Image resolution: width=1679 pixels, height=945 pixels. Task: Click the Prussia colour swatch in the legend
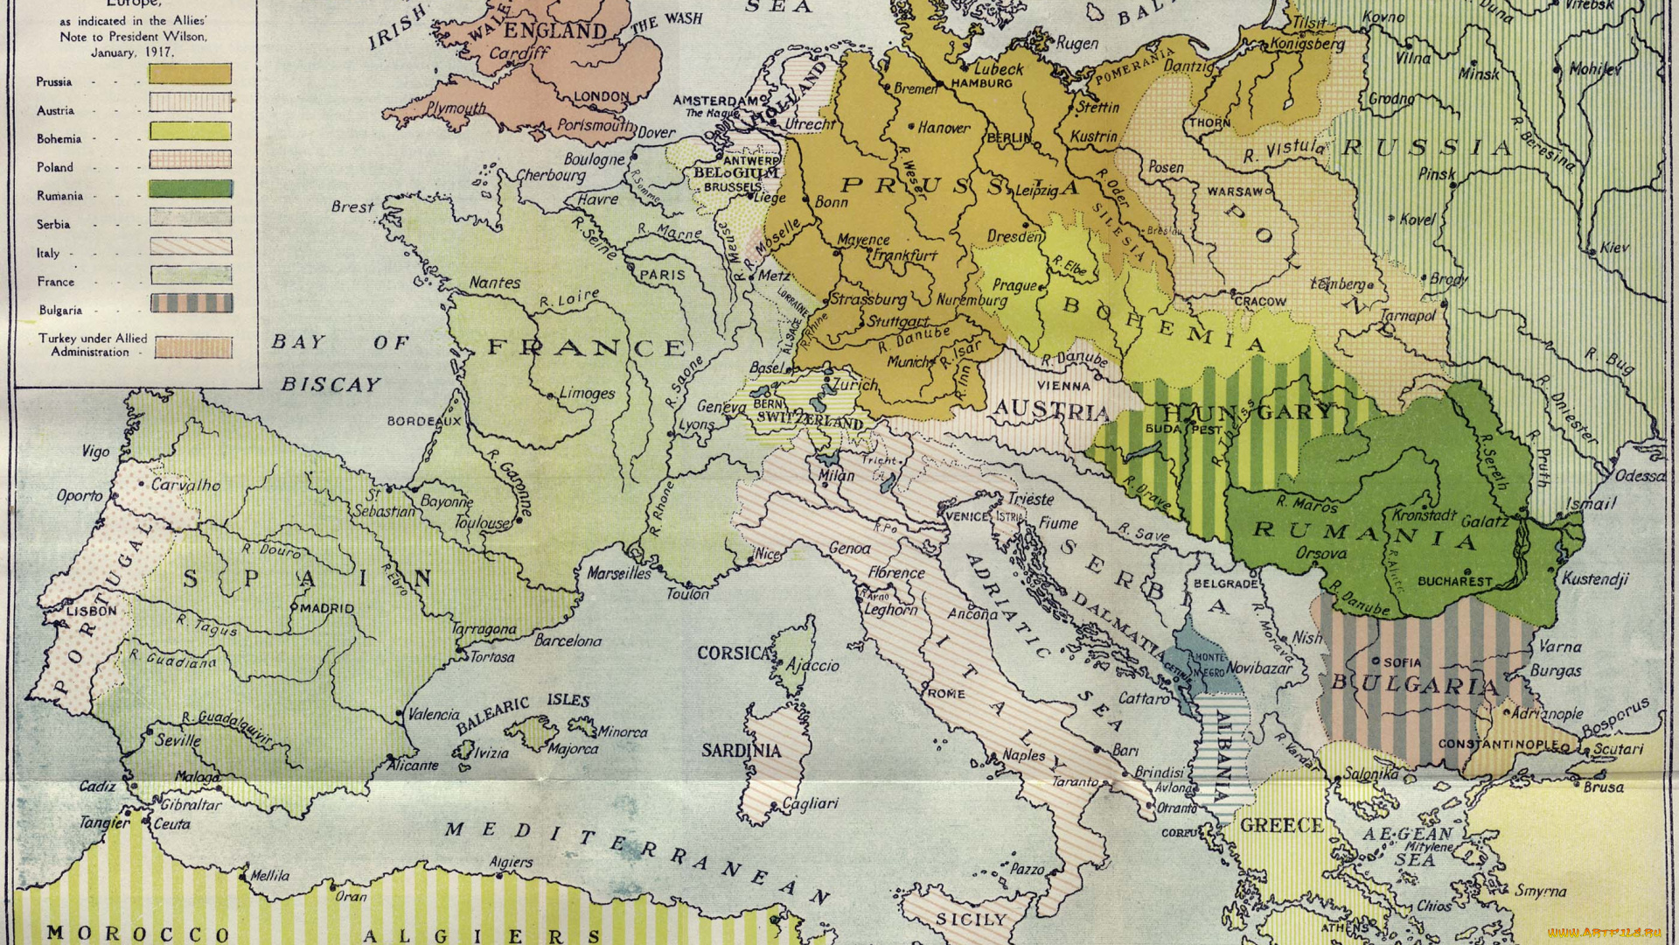[190, 73]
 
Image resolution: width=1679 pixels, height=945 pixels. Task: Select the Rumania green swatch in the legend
[190, 188]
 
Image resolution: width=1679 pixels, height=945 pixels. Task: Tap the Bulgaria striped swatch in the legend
[191, 304]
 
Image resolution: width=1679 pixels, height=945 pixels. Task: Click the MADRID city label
[327, 607]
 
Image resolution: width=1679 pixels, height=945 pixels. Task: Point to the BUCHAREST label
[1455, 581]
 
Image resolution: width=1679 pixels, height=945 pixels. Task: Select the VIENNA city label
[1063, 385]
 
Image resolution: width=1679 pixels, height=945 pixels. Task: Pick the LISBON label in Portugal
[91, 611]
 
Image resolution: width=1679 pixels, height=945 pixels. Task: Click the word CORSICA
[733, 653]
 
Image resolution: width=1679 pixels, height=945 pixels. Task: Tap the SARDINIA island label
[741, 750]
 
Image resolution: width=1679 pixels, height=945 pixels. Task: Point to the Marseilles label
[619, 573]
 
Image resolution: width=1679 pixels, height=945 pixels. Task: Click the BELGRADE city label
[1225, 584]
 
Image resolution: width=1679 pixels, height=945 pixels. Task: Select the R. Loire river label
[568, 298]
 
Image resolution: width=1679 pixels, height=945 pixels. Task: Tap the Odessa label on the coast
[1639, 475]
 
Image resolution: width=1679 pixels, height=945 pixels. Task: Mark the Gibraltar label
[192, 804]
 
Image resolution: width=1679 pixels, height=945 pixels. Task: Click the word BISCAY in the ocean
[331, 384]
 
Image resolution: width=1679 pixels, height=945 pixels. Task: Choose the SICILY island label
[971, 919]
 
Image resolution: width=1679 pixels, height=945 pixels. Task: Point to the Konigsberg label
[1306, 43]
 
